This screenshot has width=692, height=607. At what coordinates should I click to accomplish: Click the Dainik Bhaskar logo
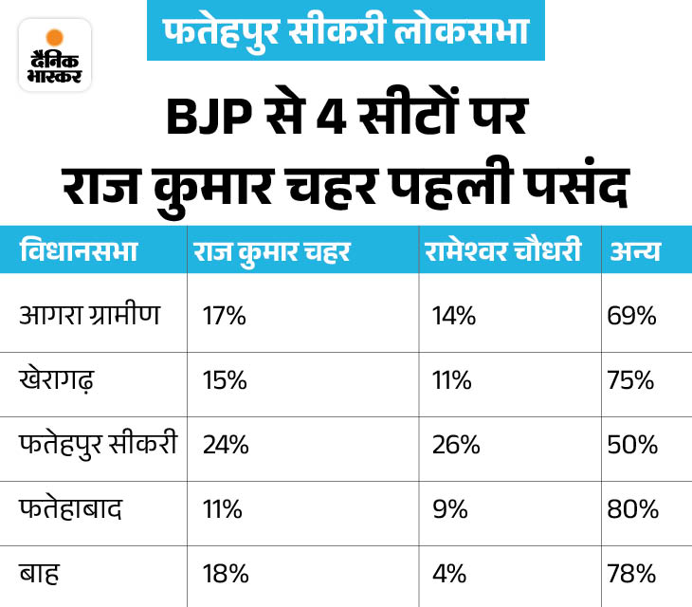55,55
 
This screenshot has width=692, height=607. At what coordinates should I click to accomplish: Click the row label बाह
39,572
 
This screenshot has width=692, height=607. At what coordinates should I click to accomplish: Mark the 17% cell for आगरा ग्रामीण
225,316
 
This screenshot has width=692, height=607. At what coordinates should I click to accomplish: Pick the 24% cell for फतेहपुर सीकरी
226,445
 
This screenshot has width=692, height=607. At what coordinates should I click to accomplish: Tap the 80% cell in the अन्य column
633,508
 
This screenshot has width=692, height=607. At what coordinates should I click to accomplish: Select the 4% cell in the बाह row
446,573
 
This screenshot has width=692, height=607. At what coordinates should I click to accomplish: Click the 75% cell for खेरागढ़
633,380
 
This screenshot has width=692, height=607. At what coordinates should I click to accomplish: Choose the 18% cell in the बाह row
225,573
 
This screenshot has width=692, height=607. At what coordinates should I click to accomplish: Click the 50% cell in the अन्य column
633,445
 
